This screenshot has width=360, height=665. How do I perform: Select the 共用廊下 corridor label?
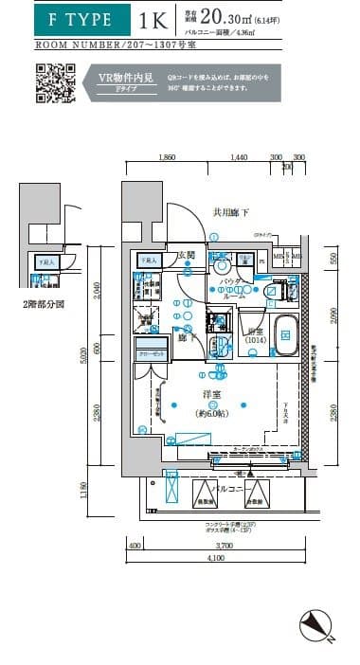coord(230,213)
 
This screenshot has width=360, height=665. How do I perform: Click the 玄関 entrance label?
coord(186,255)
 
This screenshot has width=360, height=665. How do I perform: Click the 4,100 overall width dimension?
coord(217,559)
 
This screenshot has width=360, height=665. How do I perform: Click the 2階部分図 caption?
coord(45,305)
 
